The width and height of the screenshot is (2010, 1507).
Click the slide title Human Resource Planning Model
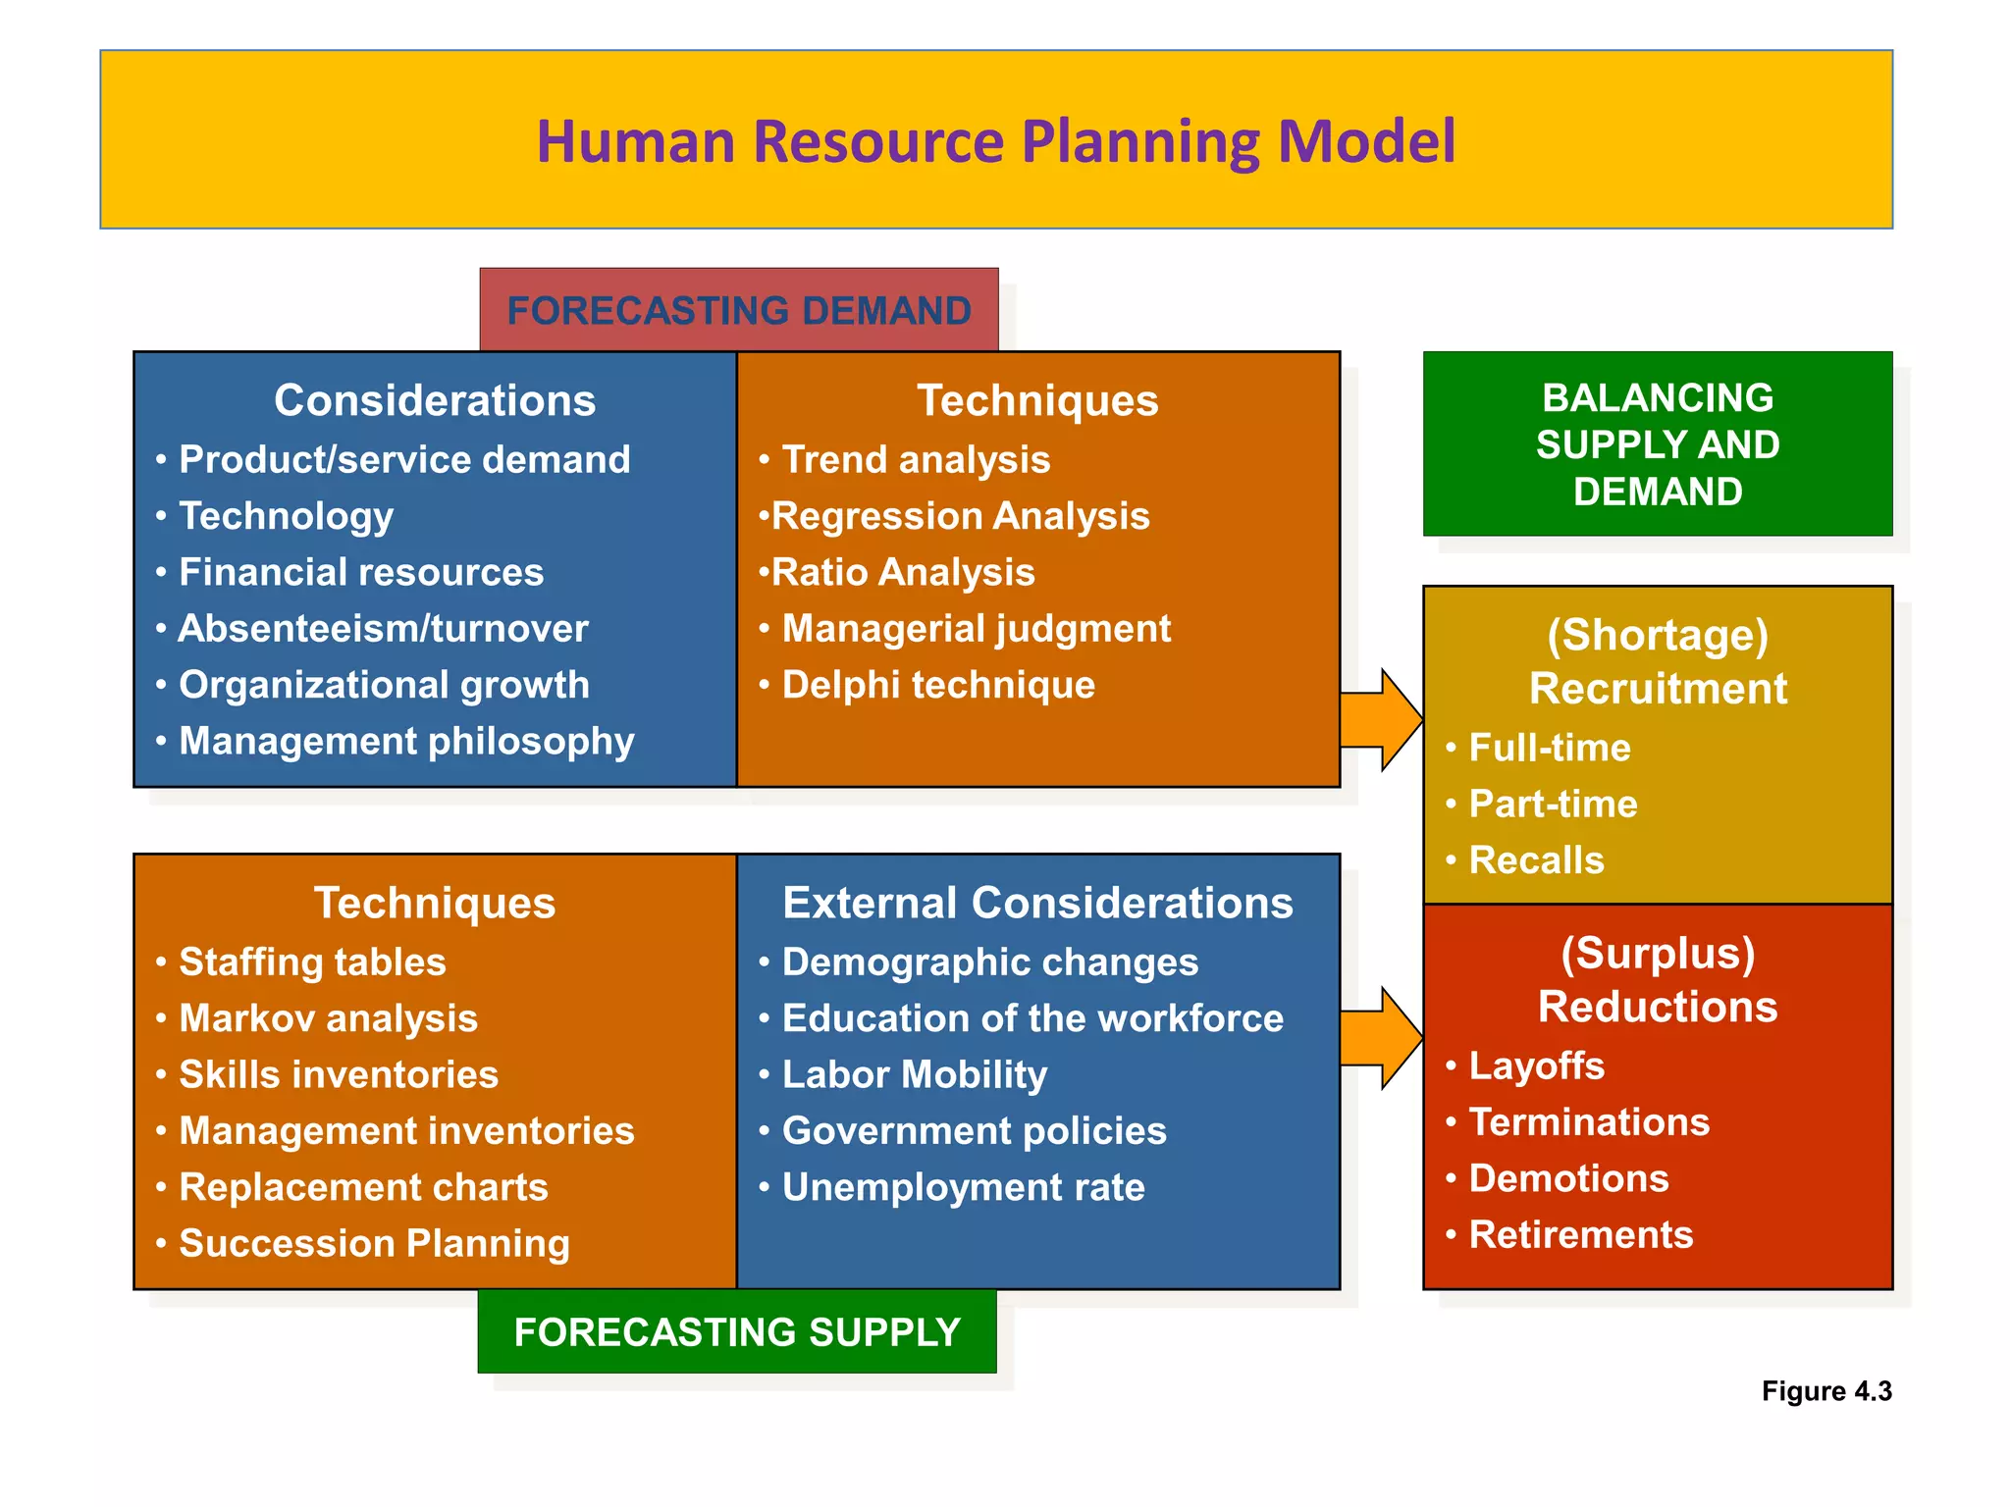(x=995, y=141)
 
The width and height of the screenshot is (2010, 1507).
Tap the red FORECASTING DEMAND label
(x=738, y=310)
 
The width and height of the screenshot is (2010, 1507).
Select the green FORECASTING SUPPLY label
(x=736, y=1331)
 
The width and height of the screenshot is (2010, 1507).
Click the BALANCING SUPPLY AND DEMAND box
(x=1657, y=443)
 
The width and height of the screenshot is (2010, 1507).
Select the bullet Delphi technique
(x=937, y=685)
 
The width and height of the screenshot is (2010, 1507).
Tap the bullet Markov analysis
(x=328, y=1017)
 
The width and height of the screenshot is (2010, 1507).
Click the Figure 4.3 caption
(x=1825, y=1390)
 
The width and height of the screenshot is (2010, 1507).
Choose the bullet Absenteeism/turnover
(x=383, y=628)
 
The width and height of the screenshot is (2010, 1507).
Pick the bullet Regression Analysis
(x=960, y=515)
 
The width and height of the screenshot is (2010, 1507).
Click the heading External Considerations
(x=1037, y=902)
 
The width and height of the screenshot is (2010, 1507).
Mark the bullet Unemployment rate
(x=963, y=1187)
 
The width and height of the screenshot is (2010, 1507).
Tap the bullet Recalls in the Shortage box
(x=1536, y=859)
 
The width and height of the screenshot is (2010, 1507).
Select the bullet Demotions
(x=1568, y=1177)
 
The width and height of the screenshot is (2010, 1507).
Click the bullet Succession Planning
(x=374, y=1243)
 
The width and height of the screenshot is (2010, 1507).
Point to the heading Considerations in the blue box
(x=434, y=399)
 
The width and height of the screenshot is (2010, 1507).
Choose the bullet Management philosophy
(x=406, y=741)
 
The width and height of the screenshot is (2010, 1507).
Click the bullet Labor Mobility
(x=914, y=1074)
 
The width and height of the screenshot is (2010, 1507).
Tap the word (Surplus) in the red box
(x=1657, y=953)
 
